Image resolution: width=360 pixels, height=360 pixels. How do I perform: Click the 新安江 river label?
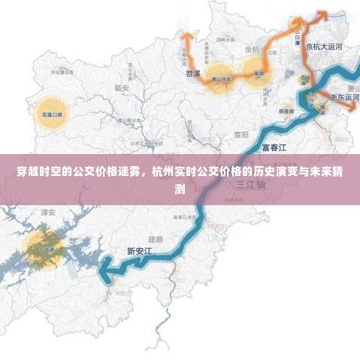point(140,251)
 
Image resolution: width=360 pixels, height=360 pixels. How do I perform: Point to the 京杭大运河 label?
point(324,47)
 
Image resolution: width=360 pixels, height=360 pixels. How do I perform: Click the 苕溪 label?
point(192,74)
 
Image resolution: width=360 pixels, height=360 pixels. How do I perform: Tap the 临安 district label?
point(123,88)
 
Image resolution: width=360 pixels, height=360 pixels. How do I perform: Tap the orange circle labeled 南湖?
point(259,74)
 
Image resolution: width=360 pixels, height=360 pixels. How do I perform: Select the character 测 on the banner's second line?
point(179,188)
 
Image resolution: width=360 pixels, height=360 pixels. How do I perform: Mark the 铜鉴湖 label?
point(286,110)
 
